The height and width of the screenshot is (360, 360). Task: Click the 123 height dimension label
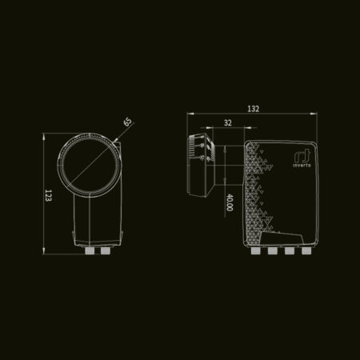pos(48,195)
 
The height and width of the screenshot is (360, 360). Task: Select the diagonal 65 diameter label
pos(128,122)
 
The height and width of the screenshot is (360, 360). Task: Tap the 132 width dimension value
pos(253,109)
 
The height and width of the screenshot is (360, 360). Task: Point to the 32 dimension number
pos(228,123)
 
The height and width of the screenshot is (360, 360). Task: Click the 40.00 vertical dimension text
pos(229,202)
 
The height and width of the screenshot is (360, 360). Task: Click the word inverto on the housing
pos(302,165)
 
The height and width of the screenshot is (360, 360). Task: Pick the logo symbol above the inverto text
pos(302,156)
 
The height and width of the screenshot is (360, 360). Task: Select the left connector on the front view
pos(90,250)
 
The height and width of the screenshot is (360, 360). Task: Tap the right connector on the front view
pos(105,250)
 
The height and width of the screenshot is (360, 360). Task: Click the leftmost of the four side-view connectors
pos(256,250)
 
